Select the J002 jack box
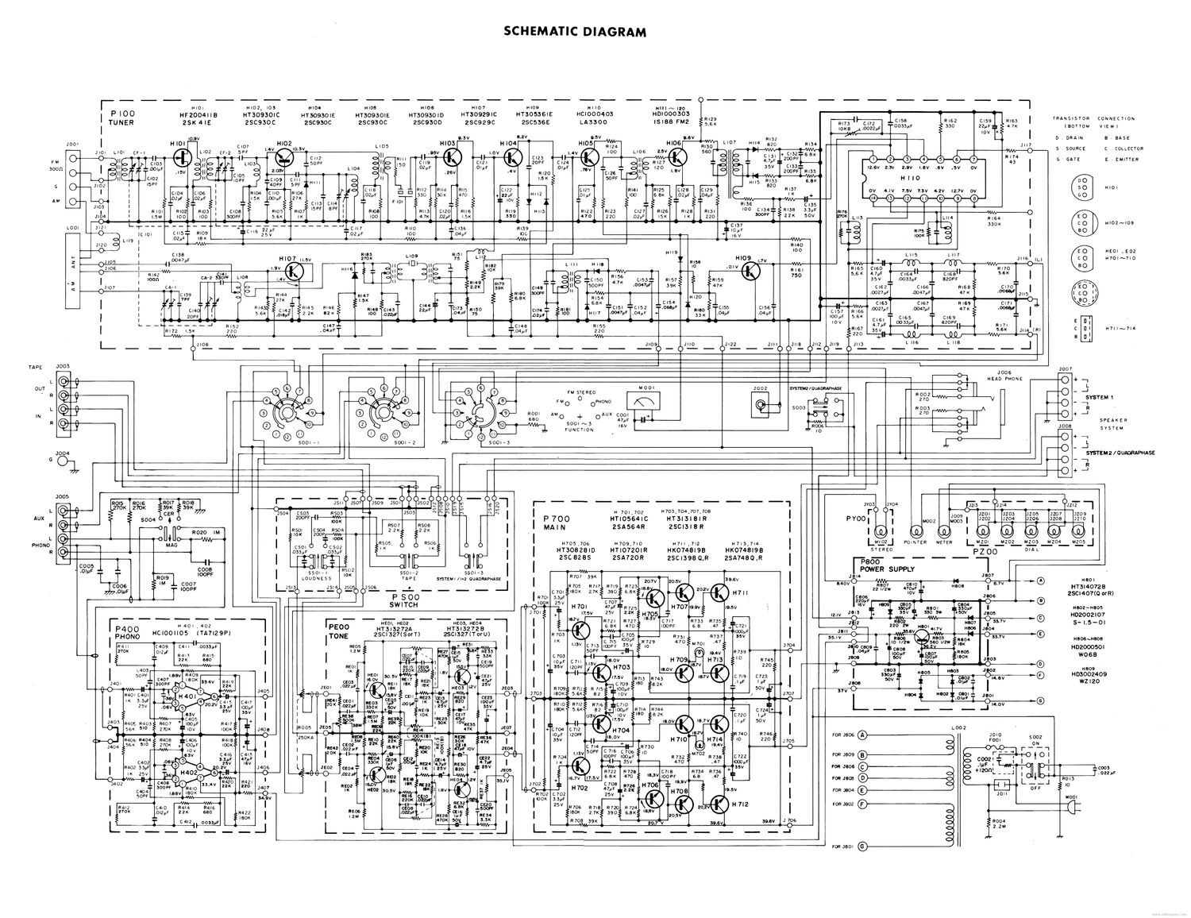[761, 405]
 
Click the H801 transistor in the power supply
[923, 635]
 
